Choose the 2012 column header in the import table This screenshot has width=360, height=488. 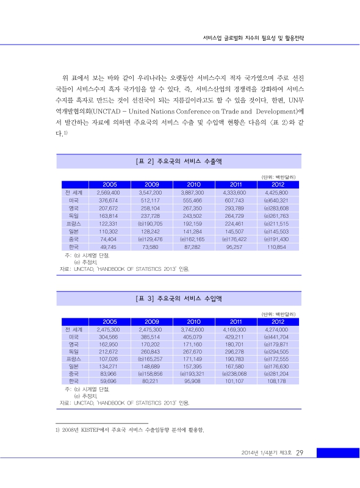tap(278, 321)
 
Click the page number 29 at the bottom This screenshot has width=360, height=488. tap(300, 453)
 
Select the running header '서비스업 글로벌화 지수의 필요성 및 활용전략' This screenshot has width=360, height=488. tap(253, 37)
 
